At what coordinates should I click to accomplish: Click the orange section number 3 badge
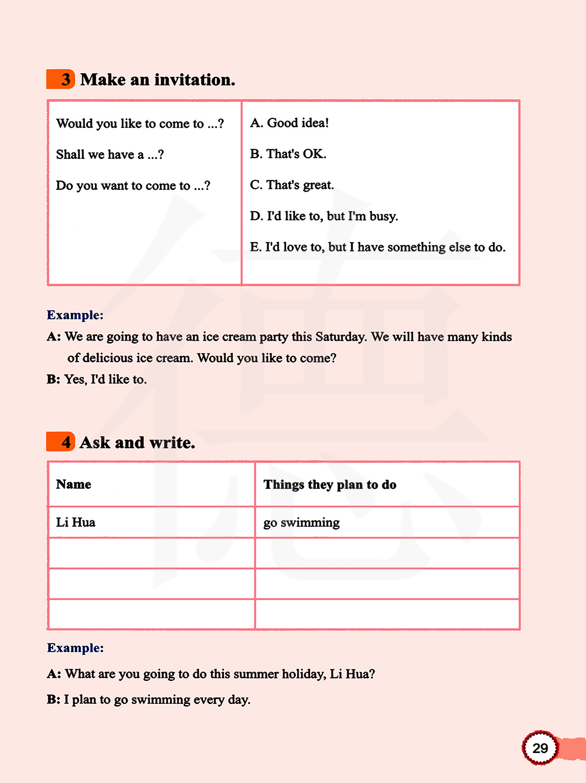point(61,79)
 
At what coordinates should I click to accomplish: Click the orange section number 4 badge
point(61,442)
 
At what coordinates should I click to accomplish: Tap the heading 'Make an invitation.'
point(158,80)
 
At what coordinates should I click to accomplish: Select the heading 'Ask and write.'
point(137,442)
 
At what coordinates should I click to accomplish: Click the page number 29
point(540,748)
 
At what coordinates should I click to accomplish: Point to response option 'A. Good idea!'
point(289,123)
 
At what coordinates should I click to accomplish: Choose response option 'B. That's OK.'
point(288,154)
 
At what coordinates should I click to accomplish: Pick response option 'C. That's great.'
point(292,185)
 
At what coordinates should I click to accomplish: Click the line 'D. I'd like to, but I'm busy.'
point(324,216)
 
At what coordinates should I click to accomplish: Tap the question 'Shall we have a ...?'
point(110,155)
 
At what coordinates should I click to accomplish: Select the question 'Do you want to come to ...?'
point(133,186)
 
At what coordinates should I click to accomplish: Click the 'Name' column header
point(74,485)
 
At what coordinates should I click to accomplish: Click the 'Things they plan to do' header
point(330,485)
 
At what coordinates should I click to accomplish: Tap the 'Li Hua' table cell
point(76,522)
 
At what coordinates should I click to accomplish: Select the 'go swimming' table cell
point(301,523)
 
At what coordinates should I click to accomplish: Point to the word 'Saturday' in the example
point(340,337)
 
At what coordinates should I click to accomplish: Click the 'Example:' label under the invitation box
point(75,315)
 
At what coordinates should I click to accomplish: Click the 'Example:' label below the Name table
point(75,648)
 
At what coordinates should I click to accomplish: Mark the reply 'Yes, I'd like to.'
point(105,380)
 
